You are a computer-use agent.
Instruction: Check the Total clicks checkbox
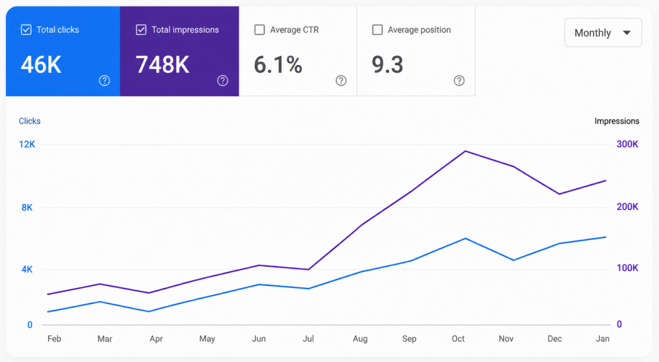(x=26, y=30)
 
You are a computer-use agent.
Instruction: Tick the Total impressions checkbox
(x=141, y=30)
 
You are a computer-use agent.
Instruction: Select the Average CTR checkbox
(x=260, y=30)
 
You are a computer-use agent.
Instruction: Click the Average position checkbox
(x=377, y=30)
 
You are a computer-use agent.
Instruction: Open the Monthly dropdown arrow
(x=627, y=33)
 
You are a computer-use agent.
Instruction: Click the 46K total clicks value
(x=41, y=65)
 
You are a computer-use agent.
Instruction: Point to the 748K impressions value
(x=163, y=65)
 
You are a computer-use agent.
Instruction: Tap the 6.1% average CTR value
(x=278, y=65)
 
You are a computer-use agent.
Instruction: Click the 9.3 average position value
(x=387, y=65)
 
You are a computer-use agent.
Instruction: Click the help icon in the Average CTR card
(x=341, y=81)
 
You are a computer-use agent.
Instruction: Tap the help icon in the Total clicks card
(x=105, y=81)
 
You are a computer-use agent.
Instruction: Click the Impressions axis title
(x=617, y=121)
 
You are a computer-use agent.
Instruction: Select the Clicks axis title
(x=30, y=121)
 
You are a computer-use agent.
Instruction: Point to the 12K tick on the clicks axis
(x=27, y=144)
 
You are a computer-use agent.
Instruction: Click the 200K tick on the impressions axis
(x=627, y=206)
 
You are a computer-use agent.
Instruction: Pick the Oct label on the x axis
(x=458, y=339)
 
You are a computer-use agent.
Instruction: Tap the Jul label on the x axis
(x=308, y=339)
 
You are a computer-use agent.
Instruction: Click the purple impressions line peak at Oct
(x=465, y=151)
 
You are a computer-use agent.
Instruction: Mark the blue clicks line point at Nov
(x=514, y=260)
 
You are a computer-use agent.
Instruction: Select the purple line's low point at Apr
(x=149, y=293)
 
